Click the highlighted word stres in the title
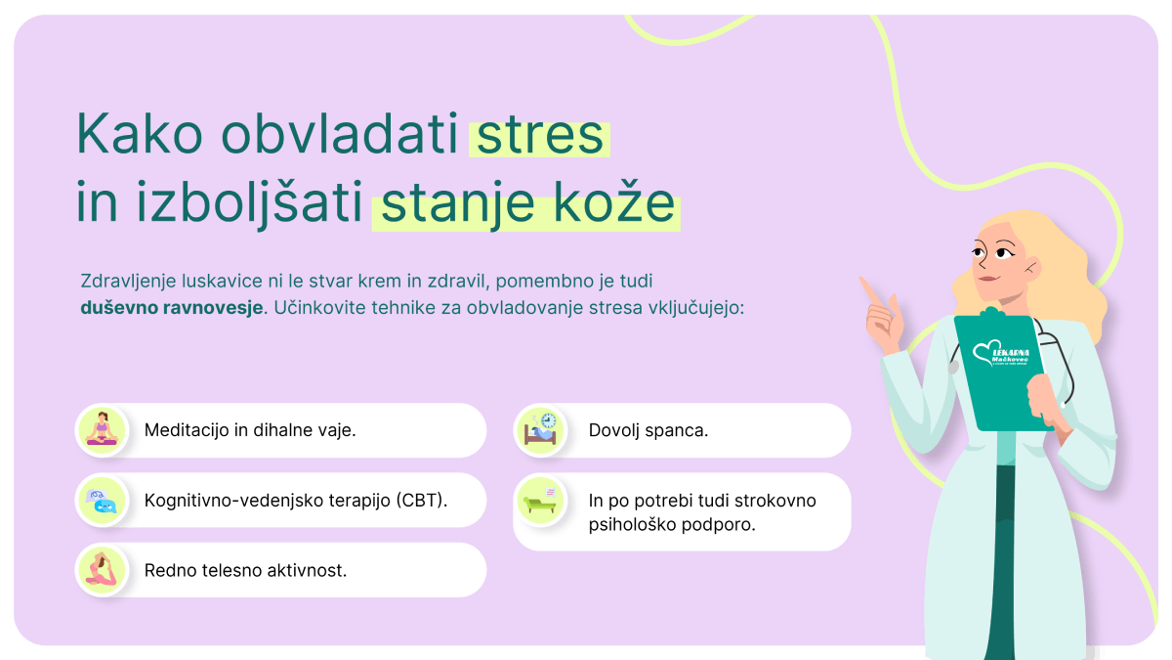click(540, 136)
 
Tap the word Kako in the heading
click(139, 133)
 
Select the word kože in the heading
click(613, 201)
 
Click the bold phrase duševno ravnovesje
click(172, 307)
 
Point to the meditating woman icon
click(102, 429)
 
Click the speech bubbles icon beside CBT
click(102, 501)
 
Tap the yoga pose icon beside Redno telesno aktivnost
click(102, 569)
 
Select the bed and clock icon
click(540, 429)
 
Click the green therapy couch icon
click(540, 501)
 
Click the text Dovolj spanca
click(649, 430)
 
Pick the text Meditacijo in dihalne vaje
click(250, 430)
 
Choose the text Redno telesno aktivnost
click(245, 570)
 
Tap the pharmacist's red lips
click(987, 278)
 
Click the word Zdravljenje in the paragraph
click(128, 282)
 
